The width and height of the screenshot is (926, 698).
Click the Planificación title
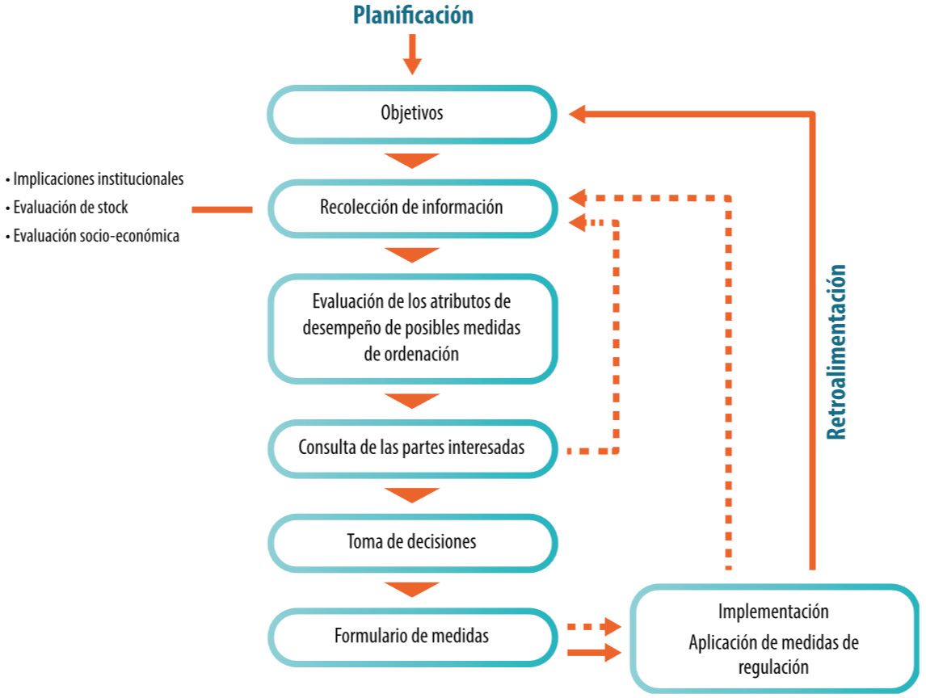tap(412, 16)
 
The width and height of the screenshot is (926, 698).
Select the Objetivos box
tap(412, 114)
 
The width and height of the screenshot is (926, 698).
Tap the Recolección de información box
tap(412, 208)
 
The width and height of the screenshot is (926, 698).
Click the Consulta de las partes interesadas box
tap(412, 447)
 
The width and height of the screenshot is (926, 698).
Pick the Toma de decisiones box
tap(412, 541)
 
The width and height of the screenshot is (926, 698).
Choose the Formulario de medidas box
tap(412, 637)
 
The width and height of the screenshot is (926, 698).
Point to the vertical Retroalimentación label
tap(838, 351)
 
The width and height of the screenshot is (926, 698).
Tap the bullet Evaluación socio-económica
tap(92, 237)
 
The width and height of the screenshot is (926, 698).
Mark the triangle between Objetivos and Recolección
tap(412, 161)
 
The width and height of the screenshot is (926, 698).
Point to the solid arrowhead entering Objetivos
tap(579, 115)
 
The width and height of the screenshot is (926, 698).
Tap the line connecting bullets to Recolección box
tap(221, 209)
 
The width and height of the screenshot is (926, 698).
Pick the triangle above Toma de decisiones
tap(412, 495)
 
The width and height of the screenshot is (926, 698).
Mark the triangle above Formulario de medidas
tap(412, 589)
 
